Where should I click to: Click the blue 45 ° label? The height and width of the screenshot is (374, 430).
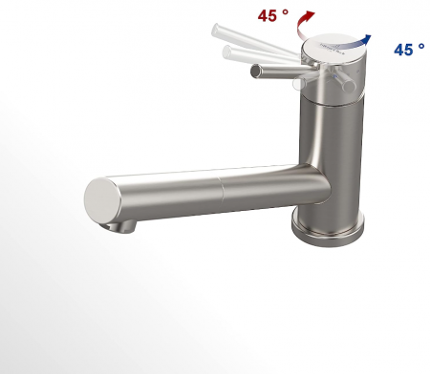pos(408,49)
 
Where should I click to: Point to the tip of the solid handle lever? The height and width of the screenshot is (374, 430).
pos(255,72)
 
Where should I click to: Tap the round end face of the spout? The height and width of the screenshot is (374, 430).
pos(102,199)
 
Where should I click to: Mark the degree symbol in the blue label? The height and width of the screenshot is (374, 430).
pos(421,45)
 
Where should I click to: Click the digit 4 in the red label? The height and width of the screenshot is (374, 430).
pos(265,16)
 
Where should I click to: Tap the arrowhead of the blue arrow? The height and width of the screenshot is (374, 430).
pos(369,38)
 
